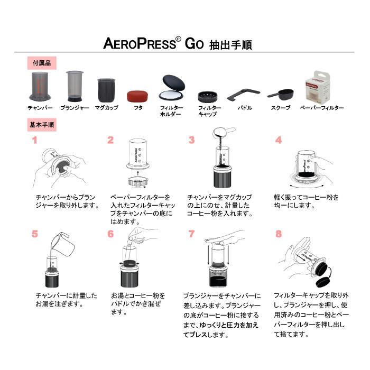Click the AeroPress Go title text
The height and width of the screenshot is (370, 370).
pyautogui.click(x=177, y=44)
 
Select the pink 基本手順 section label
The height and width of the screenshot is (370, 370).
pyautogui.click(x=42, y=126)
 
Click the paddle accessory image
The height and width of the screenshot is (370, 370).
pyautogui.click(x=243, y=94)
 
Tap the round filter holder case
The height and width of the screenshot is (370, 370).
pyautogui.click(x=173, y=88)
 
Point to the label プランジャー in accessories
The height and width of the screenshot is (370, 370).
pyautogui.click(x=75, y=108)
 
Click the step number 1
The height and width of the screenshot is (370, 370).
pyautogui.click(x=34, y=140)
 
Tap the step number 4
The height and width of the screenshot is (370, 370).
pyautogui.click(x=278, y=140)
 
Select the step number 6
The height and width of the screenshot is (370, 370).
pyautogui.click(x=110, y=233)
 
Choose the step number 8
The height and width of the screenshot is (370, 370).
pyautogui.click(x=278, y=233)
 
